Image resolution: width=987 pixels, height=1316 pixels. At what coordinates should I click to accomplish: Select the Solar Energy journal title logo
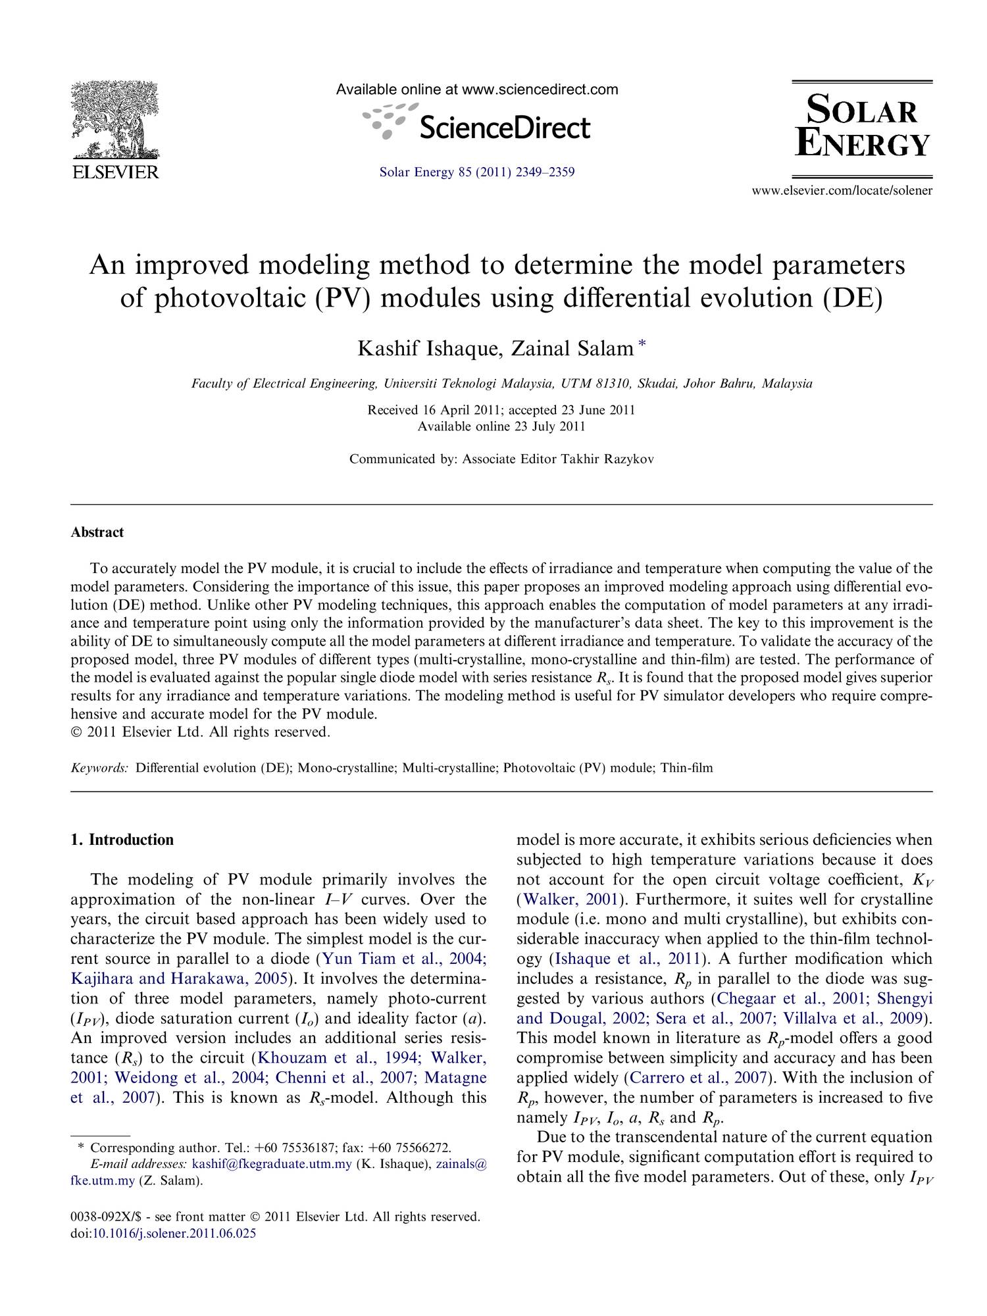862,129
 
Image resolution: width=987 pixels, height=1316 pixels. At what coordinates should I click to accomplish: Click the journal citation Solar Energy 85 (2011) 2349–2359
477,173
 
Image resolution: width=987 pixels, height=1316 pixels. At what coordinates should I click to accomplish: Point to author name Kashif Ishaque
426,349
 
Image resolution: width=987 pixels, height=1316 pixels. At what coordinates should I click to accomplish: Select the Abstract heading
97,532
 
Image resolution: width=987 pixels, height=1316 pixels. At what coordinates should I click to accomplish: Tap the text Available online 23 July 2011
501,426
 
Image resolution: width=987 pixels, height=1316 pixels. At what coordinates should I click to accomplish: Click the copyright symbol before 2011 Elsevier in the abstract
75,732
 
